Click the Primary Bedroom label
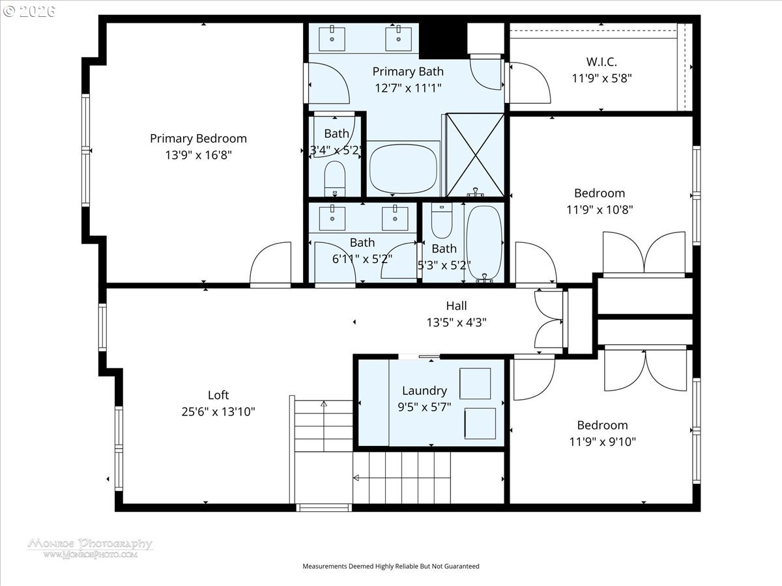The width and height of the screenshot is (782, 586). coord(198,139)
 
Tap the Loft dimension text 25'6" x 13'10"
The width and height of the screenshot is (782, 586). coord(218,412)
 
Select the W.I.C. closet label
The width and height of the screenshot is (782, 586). coord(601,62)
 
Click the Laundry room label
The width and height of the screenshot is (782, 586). coord(424,391)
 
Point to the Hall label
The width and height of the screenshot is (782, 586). coord(456,305)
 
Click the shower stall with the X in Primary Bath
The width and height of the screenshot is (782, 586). coord(474,154)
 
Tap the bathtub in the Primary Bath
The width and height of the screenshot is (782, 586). coord(403,169)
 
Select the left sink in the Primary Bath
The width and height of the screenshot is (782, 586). coord(332,38)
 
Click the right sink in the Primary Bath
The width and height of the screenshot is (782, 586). coord(397,38)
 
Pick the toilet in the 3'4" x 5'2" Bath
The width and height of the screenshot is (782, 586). coord(335,176)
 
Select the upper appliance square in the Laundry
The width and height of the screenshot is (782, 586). coord(475,383)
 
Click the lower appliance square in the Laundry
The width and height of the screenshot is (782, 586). coord(480,423)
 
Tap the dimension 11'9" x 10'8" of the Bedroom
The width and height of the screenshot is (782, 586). coord(600,210)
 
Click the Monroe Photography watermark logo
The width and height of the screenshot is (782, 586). coord(90,547)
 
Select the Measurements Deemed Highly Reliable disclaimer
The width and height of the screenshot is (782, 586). coord(390,566)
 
